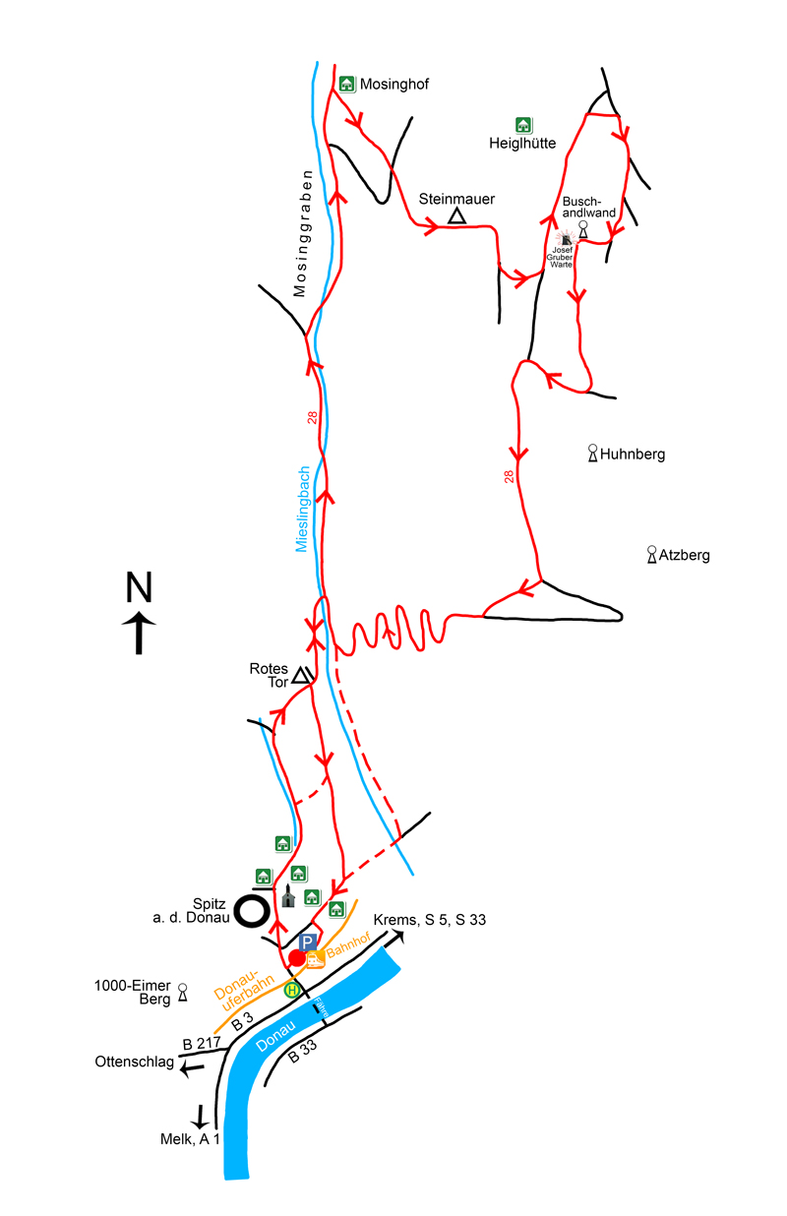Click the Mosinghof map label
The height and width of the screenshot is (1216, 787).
click(394, 85)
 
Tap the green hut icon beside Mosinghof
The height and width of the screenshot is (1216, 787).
click(346, 84)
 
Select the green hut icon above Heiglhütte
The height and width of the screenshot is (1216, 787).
click(523, 125)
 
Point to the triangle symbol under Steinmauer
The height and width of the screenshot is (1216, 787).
click(456, 216)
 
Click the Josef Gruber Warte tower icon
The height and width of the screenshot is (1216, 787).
click(567, 237)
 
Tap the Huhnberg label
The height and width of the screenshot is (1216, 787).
click(633, 455)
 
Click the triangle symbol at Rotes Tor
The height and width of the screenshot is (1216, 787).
click(302, 675)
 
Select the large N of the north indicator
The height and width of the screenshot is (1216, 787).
click(139, 587)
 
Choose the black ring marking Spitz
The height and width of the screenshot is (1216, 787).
click(253, 910)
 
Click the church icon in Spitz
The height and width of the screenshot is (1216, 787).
click(288, 896)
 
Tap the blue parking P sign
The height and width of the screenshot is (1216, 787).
click(308, 942)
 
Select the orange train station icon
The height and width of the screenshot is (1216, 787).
click(315, 959)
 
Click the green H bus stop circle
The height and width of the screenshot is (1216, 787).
click(292, 990)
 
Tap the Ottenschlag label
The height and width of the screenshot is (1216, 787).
click(134, 1063)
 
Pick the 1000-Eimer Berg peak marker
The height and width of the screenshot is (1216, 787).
click(182, 995)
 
